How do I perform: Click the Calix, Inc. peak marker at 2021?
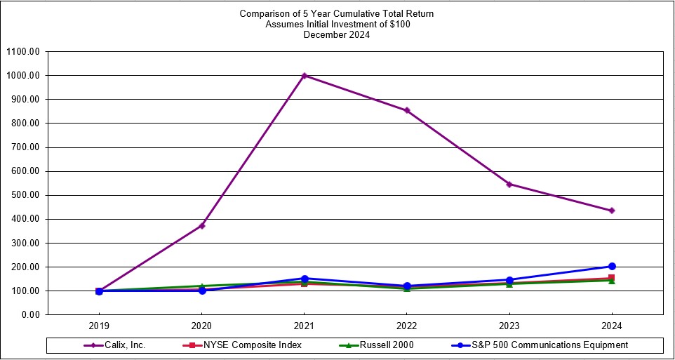pyautogui.click(x=305, y=76)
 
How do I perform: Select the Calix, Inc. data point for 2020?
pyautogui.click(x=202, y=225)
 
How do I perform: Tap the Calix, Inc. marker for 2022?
pyautogui.click(x=407, y=110)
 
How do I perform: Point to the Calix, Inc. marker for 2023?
pyautogui.click(x=509, y=184)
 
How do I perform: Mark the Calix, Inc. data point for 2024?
pyautogui.click(x=612, y=211)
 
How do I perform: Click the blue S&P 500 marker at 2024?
pyautogui.click(x=612, y=266)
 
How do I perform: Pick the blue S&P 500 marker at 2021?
pyautogui.click(x=305, y=279)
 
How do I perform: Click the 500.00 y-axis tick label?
pyautogui.click(x=25, y=195)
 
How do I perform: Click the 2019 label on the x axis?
pyautogui.click(x=100, y=326)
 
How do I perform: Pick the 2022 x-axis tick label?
pyautogui.click(x=407, y=326)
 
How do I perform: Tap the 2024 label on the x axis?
pyautogui.click(x=612, y=326)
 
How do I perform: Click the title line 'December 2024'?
pyautogui.click(x=337, y=34)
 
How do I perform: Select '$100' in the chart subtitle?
pyautogui.click(x=399, y=24)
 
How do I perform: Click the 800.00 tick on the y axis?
pyautogui.click(x=25, y=124)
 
